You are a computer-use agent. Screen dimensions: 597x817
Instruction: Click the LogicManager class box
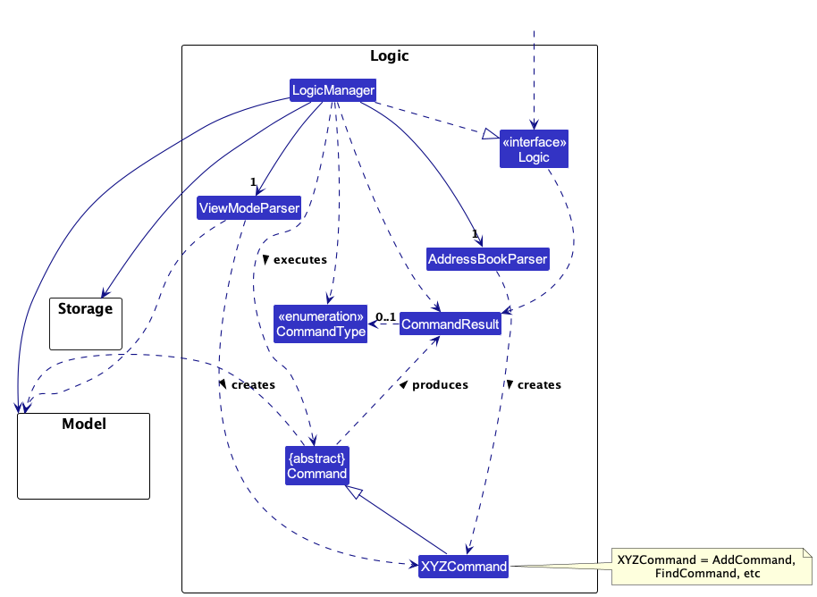[x=333, y=89]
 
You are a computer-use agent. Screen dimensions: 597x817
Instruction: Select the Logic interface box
[x=534, y=149]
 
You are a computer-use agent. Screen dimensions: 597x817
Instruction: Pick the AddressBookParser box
[x=487, y=259]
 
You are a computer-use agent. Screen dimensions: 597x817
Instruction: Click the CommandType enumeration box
[x=321, y=324]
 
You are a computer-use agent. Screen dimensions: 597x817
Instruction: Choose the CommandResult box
[x=450, y=324]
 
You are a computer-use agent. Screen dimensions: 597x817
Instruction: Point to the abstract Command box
[x=316, y=466]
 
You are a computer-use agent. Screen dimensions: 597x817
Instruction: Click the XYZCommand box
[x=464, y=566]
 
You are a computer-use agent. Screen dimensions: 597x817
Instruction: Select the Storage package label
[x=85, y=309]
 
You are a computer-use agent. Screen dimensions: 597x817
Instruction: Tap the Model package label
[x=84, y=424]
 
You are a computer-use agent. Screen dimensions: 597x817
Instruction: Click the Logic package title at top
[x=389, y=56]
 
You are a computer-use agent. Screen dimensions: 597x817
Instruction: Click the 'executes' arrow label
[x=299, y=259]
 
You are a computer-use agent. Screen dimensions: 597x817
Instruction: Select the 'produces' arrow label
[x=439, y=384]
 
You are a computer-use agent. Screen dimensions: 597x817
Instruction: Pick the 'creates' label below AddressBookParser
[x=538, y=384]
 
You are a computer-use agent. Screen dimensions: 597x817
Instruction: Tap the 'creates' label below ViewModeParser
[x=252, y=384]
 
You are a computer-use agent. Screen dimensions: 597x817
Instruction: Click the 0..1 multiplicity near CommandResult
[x=385, y=316]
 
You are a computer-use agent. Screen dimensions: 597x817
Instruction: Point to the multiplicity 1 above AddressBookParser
[x=475, y=234]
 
